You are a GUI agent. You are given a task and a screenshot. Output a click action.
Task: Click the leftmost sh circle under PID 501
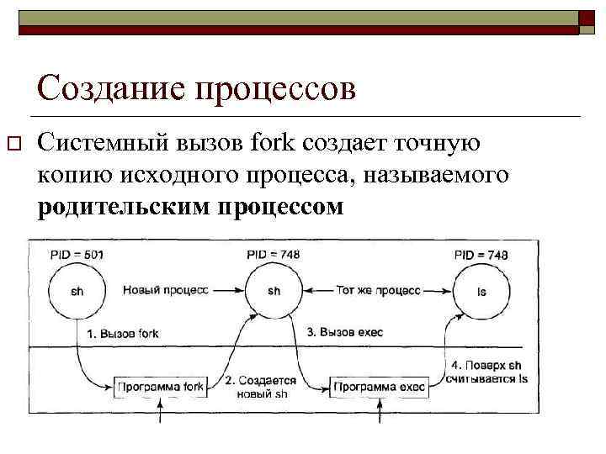click(77, 291)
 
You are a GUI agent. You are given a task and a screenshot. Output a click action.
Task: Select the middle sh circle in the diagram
click(274, 291)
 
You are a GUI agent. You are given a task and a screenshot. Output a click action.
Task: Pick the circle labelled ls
click(481, 291)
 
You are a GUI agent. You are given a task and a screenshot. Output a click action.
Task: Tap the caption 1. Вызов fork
click(123, 334)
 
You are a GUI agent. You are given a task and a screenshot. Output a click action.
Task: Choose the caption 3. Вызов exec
click(344, 332)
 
